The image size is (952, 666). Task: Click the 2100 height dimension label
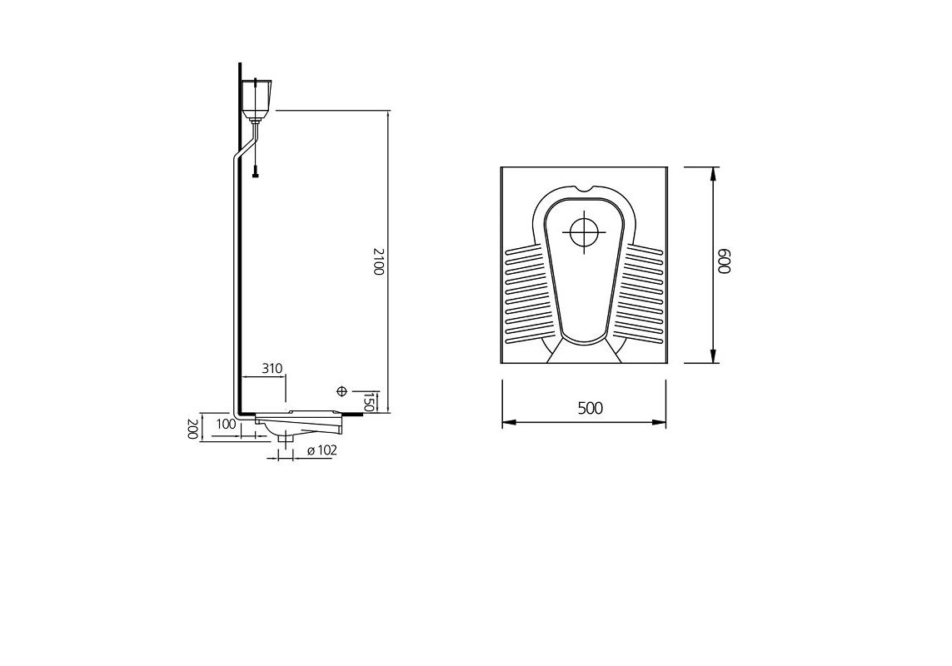click(378, 261)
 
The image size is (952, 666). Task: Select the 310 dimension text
click(272, 368)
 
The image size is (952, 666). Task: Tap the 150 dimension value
click(369, 402)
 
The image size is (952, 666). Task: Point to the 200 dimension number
click(192, 429)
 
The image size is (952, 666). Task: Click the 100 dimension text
click(225, 425)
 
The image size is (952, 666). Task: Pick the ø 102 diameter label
click(321, 450)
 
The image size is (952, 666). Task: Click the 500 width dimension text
click(590, 408)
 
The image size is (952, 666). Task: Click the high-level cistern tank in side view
click(259, 97)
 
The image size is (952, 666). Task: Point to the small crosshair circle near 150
click(341, 391)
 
